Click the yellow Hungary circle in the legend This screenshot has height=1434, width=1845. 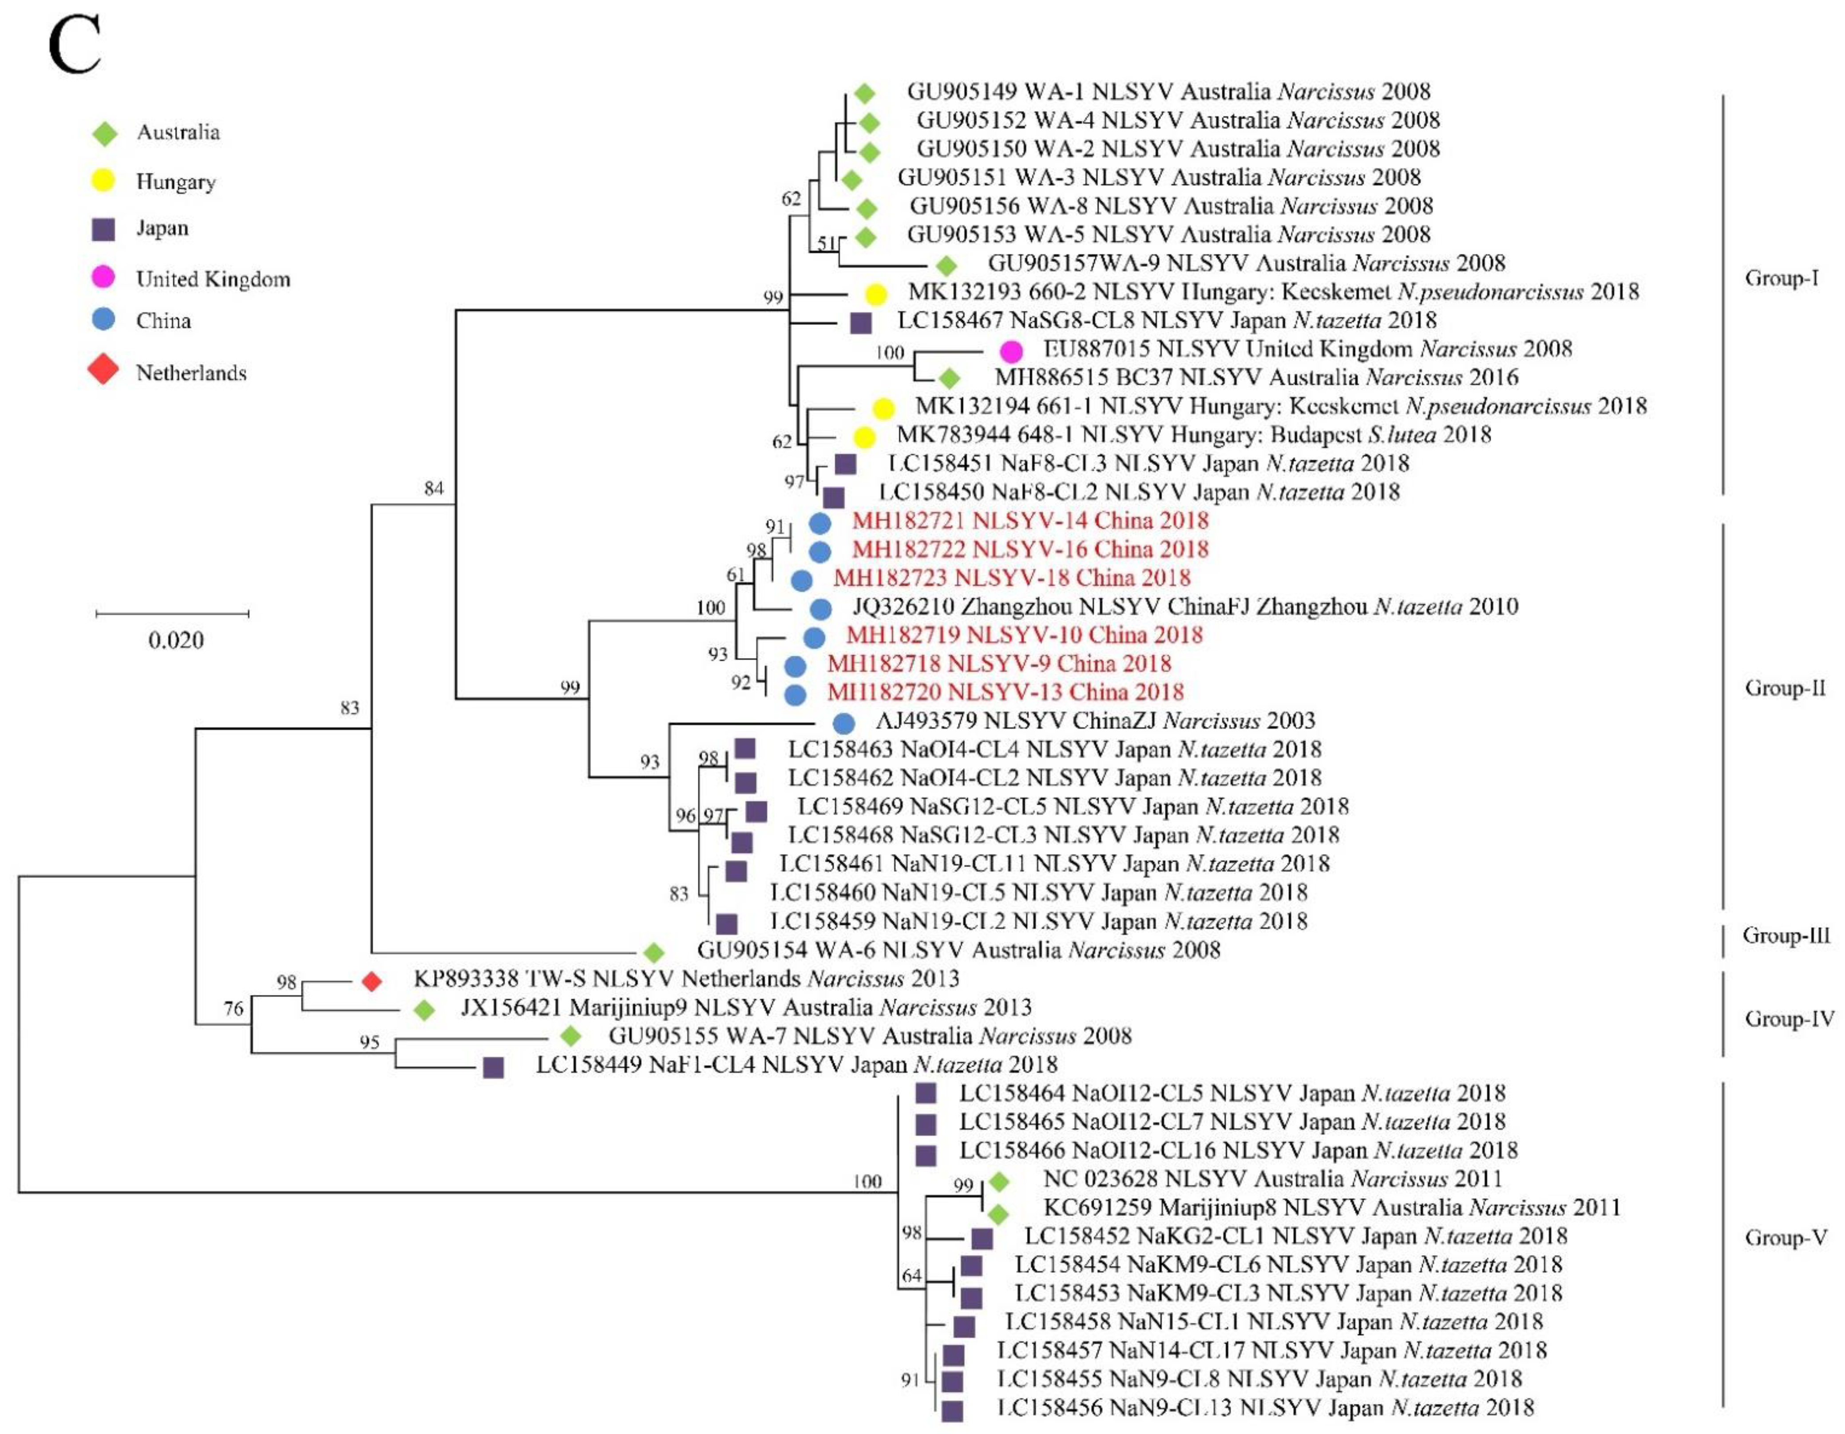[x=103, y=180]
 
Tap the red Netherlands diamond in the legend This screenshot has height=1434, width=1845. [x=103, y=370]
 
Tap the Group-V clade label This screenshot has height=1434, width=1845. [x=1785, y=1238]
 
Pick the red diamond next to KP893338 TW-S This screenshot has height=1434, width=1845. [x=372, y=981]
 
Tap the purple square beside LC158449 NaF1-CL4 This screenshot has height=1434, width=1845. [x=493, y=1067]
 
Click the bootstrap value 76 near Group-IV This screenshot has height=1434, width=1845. [x=233, y=1008]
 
